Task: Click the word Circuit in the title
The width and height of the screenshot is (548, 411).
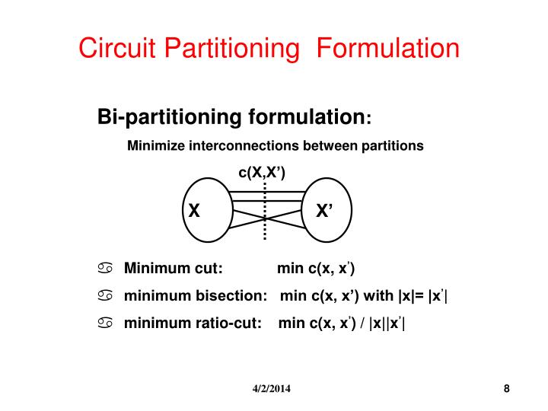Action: (x=116, y=47)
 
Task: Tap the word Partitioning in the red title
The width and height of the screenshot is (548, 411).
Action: (x=231, y=49)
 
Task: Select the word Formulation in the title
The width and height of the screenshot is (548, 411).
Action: (x=387, y=47)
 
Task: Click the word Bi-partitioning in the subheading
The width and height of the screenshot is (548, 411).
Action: (x=170, y=116)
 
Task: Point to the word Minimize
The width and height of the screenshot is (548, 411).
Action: (x=156, y=145)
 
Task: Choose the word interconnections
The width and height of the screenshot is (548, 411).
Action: (x=244, y=145)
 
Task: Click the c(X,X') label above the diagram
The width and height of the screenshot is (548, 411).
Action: (x=262, y=173)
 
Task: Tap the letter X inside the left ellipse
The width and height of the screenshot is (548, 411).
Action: (x=194, y=211)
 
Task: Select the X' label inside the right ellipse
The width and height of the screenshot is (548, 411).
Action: (x=324, y=210)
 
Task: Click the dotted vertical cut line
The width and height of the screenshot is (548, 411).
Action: (x=265, y=211)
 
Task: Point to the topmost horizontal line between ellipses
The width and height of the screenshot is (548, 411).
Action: (x=266, y=192)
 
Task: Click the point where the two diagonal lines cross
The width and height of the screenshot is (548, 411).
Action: (x=265, y=218)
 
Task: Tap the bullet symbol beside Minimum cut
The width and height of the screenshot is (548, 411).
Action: (x=105, y=268)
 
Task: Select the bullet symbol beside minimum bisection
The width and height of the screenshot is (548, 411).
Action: (x=105, y=295)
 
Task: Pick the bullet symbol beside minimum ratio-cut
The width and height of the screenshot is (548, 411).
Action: (x=105, y=323)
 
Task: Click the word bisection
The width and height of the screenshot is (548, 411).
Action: (x=231, y=295)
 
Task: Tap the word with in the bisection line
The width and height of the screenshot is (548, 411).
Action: (x=378, y=295)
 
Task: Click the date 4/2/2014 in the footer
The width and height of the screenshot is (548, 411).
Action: (x=272, y=389)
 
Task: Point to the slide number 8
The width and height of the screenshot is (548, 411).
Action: (x=506, y=389)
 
